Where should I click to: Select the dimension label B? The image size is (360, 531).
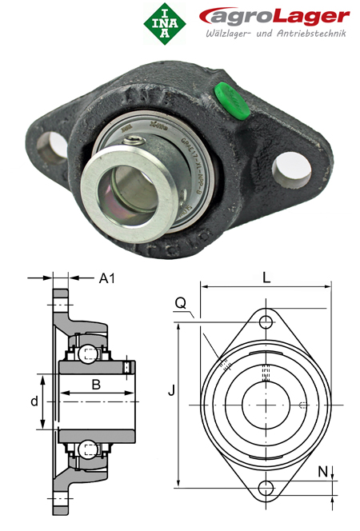pyautogui.click(x=95, y=385)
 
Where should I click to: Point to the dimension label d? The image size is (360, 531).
pyautogui.click(x=34, y=401)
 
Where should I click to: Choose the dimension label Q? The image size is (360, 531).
pyautogui.click(x=181, y=302)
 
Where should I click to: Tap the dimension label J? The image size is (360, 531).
pyautogui.click(x=170, y=391)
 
